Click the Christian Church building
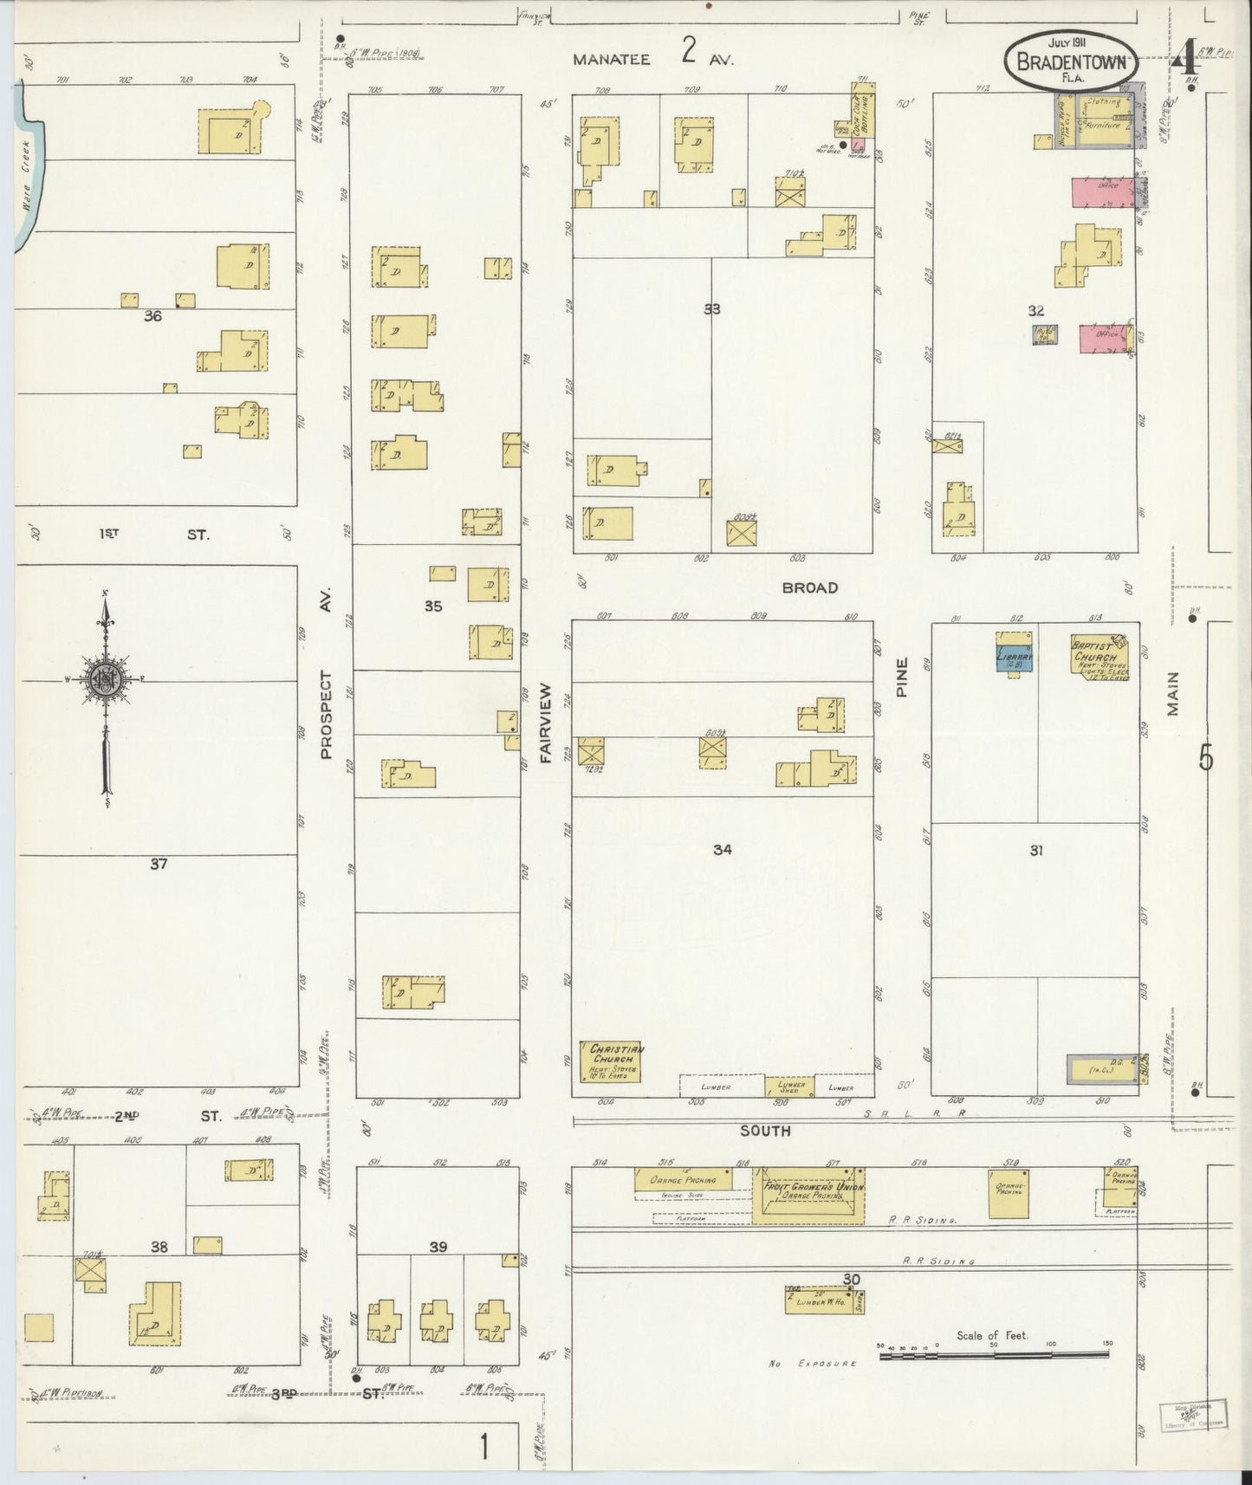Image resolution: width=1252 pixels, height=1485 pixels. coord(612,1062)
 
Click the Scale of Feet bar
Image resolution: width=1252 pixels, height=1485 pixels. coord(995,1353)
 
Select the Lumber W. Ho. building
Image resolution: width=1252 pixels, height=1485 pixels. coord(823,1300)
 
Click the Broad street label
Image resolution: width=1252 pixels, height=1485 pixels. coord(809,587)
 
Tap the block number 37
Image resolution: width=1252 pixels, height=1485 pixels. coord(158,863)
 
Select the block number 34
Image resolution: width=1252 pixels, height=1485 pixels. coord(722,850)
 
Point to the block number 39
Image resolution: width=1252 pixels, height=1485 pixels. coord(438,1247)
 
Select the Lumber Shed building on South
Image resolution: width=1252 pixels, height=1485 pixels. coord(788,1086)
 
